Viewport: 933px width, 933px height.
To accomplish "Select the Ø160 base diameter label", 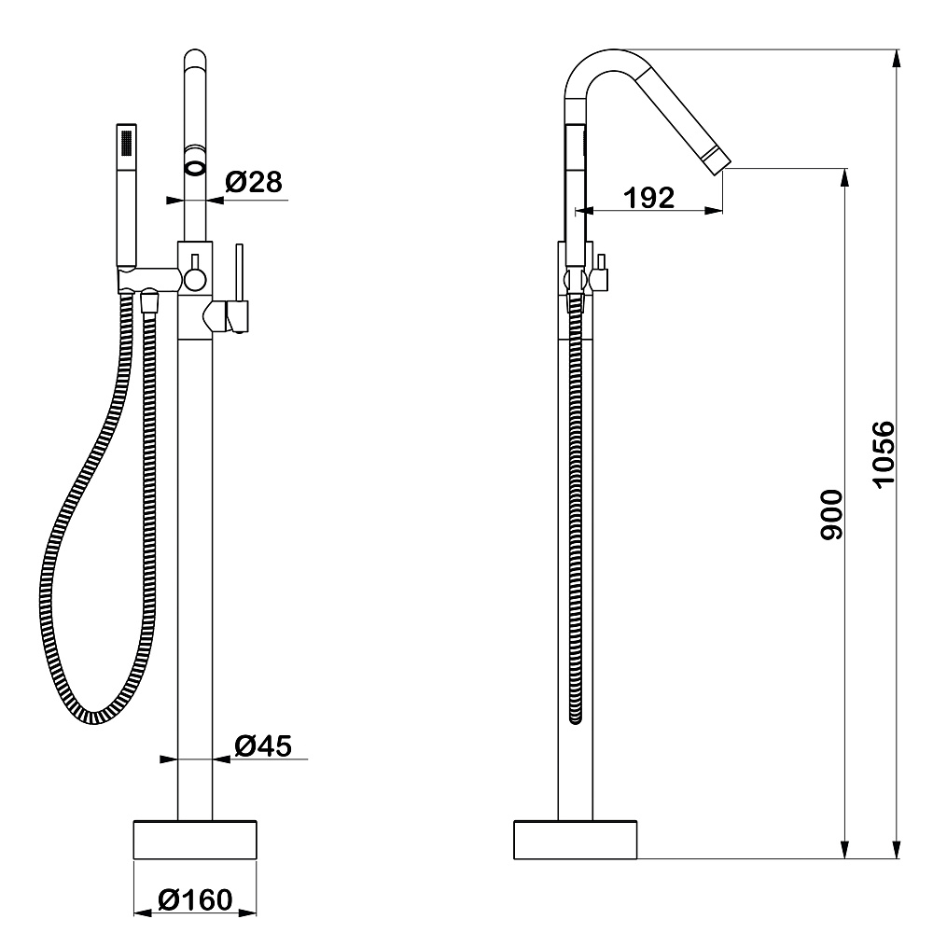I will [x=194, y=900].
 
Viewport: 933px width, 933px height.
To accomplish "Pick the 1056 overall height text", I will [x=883, y=453].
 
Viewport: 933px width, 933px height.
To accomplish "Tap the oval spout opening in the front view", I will [x=195, y=168].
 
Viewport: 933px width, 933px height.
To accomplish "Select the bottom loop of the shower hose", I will [x=93, y=714].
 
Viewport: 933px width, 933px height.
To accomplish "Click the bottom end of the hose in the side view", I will [x=576, y=717].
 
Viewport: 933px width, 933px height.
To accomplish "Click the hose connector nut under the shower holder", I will [x=147, y=302].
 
